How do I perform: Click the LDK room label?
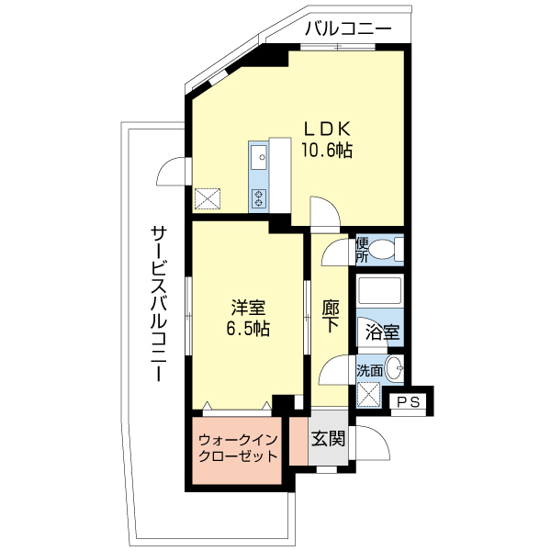tap(327, 129)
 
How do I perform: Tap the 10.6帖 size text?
tap(326, 151)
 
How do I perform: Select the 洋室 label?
tap(248, 308)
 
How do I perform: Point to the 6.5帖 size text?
tap(248, 329)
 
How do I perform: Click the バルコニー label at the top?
tap(348, 28)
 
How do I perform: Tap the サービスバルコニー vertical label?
tap(159, 303)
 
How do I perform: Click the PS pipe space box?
tap(409, 401)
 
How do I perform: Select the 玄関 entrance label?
tap(329, 438)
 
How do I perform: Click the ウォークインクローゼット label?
tap(238, 448)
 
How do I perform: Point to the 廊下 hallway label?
tap(331, 316)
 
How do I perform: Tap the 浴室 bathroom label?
tap(382, 332)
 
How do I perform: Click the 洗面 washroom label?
tap(370, 370)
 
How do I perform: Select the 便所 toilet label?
tap(363, 250)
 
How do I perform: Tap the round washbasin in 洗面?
tap(394, 368)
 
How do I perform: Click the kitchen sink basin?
tap(259, 156)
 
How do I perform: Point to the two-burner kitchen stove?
tap(259, 198)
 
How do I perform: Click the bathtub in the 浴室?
tap(379, 290)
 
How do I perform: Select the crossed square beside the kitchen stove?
tap(208, 199)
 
